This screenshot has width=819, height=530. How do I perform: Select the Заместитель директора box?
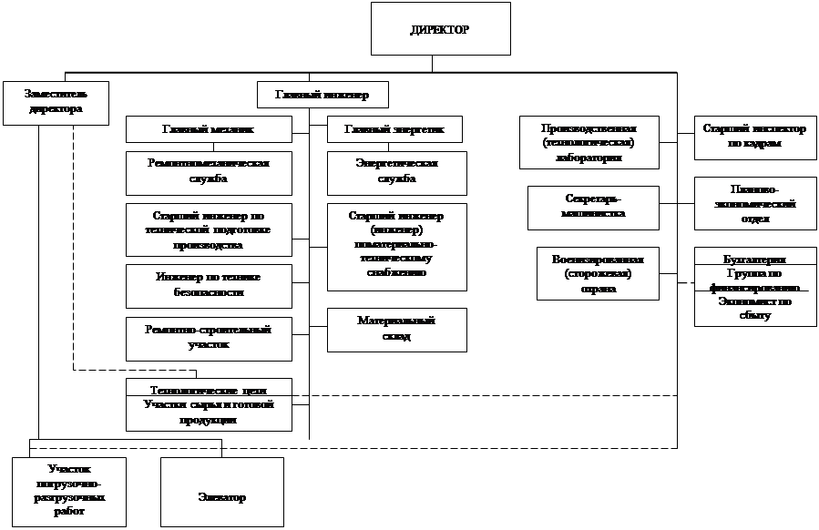click(56, 101)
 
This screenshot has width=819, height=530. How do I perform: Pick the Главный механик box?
click(208, 129)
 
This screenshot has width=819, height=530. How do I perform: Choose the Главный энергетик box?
click(394, 129)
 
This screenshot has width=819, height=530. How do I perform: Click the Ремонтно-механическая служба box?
click(208, 172)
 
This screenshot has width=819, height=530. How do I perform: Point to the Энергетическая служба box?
click(396, 172)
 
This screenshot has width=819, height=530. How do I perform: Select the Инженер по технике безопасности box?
click(208, 286)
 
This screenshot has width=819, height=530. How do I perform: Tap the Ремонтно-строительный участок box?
click(208, 338)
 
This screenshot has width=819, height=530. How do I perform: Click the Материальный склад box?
click(396, 329)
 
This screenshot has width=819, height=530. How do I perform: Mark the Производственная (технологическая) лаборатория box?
click(589, 142)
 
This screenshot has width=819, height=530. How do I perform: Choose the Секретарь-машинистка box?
click(592, 208)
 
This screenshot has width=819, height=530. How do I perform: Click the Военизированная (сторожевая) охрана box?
click(597, 273)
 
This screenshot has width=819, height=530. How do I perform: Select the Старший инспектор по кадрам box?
click(754, 137)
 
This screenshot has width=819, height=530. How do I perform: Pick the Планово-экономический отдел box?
click(754, 205)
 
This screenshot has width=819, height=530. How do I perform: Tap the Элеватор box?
click(221, 492)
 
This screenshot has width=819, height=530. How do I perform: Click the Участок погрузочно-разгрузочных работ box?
click(69, 492)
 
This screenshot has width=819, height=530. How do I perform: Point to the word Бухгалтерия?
click(754, 259)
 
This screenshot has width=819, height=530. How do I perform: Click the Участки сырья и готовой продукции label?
click(208, 412)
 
